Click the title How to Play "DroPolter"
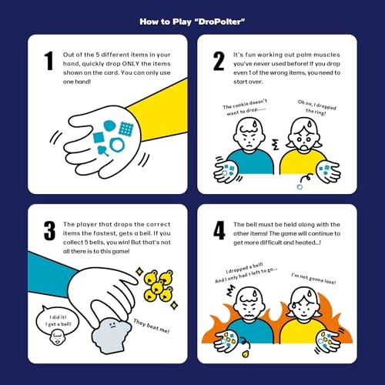[192, 22]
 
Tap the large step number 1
[49, 61]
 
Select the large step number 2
[219, 61]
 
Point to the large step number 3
[49, 231]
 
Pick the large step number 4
[219, 230]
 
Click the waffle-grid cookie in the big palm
[126, 129]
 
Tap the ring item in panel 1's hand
[117, 145]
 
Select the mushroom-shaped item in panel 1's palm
[103, 151]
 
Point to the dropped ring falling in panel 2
[300, 187]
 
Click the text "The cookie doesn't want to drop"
[245, 107]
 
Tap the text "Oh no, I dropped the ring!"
[316, 108]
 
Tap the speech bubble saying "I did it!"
[58, 320]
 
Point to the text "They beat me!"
[152, 326]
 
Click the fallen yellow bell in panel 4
[246, 354]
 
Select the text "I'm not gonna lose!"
[313, 279]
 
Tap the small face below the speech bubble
[57, 338]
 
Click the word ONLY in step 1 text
[131, 64]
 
